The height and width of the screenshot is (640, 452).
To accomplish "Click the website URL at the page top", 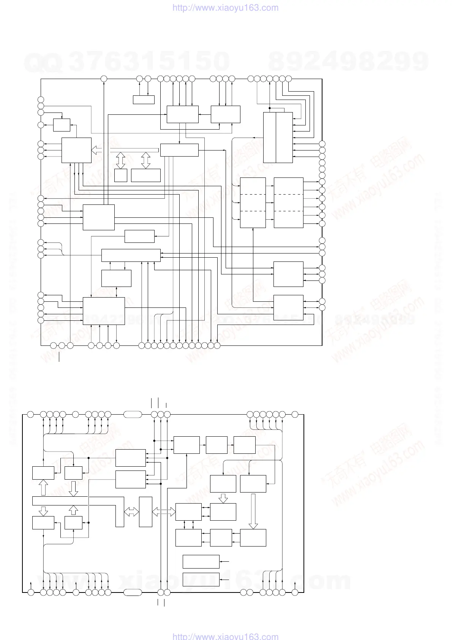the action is tap(225, 8).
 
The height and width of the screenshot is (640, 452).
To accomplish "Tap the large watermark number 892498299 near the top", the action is tap(348, 61).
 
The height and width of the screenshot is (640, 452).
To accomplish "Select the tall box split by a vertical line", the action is tap(278, 137).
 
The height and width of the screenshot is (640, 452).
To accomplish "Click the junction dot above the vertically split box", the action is tap(269, 108).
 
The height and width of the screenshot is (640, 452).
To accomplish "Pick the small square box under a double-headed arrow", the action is tap(120, 175).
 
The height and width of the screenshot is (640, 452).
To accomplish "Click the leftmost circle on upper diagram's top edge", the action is tap(104, 79).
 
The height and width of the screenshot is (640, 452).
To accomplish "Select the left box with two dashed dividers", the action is tap(253, 203).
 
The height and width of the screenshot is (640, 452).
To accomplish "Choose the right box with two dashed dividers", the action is tap(288, 203).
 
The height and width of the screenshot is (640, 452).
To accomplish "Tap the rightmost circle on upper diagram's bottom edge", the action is tap(217, 345).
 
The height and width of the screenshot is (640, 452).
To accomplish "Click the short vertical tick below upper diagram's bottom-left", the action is tap(60, 357).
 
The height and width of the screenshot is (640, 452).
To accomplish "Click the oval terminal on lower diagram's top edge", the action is tap(133, 414).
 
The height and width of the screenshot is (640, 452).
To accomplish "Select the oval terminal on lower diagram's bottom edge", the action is tap(133, 592).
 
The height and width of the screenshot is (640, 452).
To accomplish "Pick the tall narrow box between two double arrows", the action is tap(145, 512).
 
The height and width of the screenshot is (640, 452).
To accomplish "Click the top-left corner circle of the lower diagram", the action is tap(31, 414).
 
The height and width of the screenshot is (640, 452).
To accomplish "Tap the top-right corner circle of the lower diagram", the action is tap(295, 414).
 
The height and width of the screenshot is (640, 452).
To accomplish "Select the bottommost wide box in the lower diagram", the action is tap(201, 580).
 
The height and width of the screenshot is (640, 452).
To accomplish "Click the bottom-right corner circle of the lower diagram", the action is tap(295, 592).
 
